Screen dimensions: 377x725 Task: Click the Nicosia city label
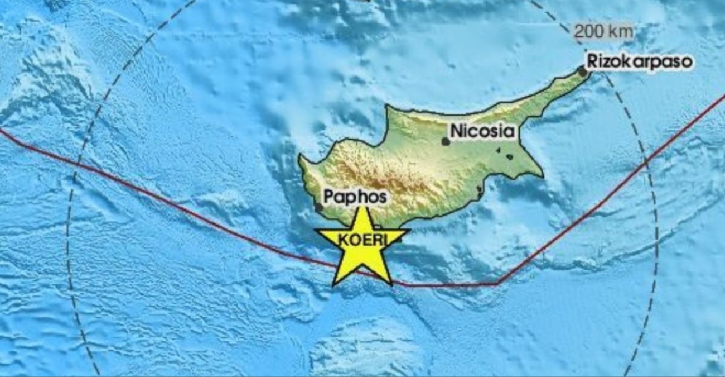pyautogui.click(x=482, y=132)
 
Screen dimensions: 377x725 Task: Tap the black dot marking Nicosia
pyautogui.click(x=445, y=141)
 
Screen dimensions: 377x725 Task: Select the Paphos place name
pyautogui.click(x=355, y=197)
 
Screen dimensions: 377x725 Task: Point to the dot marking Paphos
pyautogui.click(x=319, y=207)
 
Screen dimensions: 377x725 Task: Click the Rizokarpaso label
pyautogui.click(x=639, y=61)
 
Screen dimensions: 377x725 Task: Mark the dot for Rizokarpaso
pyautogui.click(x=582, y=71)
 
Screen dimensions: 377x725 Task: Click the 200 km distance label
pyautogui.click(x=603, y=32)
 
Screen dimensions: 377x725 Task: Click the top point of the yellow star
pyautogui.click(x=363, y=208)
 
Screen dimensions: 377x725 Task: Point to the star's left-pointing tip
pyautogui.click(x=316, y=230)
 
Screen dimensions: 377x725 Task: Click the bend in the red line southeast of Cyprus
pyautogui.click(x=496, y=284)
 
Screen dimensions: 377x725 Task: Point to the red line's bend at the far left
pyautogui.click(x=23, y=145)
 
